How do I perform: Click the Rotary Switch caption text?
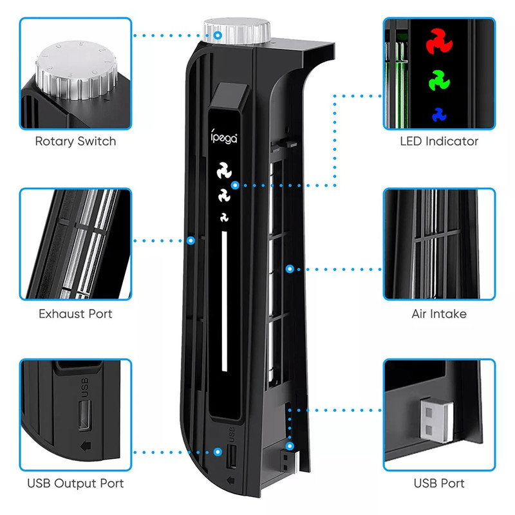(x=75, y=141)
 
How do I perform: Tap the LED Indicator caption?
(x=439, y=141)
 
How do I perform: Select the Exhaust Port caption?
(x=75, y=314)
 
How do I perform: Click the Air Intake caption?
(x=439, y=314)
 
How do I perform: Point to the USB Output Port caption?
(x=75, y=483)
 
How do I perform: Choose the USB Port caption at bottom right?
(x=439, y=483)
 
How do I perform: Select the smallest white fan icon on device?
(x=225, y=216)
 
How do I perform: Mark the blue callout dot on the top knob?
(x=219, y=35)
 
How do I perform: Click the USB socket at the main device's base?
(x=232, y=455)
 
